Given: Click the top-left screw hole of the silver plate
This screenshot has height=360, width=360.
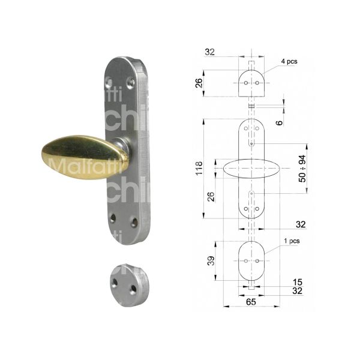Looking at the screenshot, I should pyautogui.click(x=109, y=80).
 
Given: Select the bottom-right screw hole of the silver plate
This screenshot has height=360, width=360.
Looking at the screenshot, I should pyautogui.click(x=134, y=223).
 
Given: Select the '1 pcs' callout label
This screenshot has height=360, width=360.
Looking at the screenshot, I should pyautogui.click(x=290, y=241).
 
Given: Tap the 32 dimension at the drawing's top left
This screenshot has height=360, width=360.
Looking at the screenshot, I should pyautogui.click(x=209, y=52).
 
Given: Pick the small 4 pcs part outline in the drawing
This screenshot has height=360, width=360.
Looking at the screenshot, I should pyautogui.click(x=251, y=83).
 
